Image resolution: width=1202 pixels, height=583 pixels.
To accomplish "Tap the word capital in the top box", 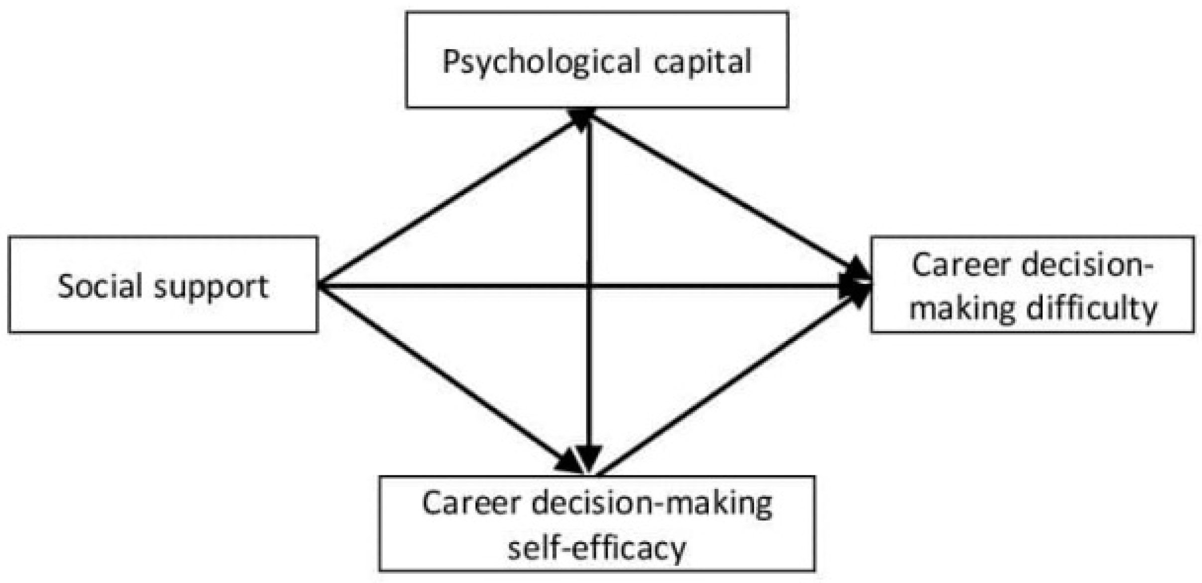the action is (x=702, y=62).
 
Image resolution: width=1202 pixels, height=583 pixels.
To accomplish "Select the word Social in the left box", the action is (x=100, y=286).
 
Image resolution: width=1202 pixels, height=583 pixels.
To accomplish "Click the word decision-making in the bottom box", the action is (x=652, y=504).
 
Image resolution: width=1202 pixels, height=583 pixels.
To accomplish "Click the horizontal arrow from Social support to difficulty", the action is (x=448, y=286).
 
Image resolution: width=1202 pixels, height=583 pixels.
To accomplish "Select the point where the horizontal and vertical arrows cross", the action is (x=589, y=286).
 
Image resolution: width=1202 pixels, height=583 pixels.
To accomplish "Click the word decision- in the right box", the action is (x=1088, y=265).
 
